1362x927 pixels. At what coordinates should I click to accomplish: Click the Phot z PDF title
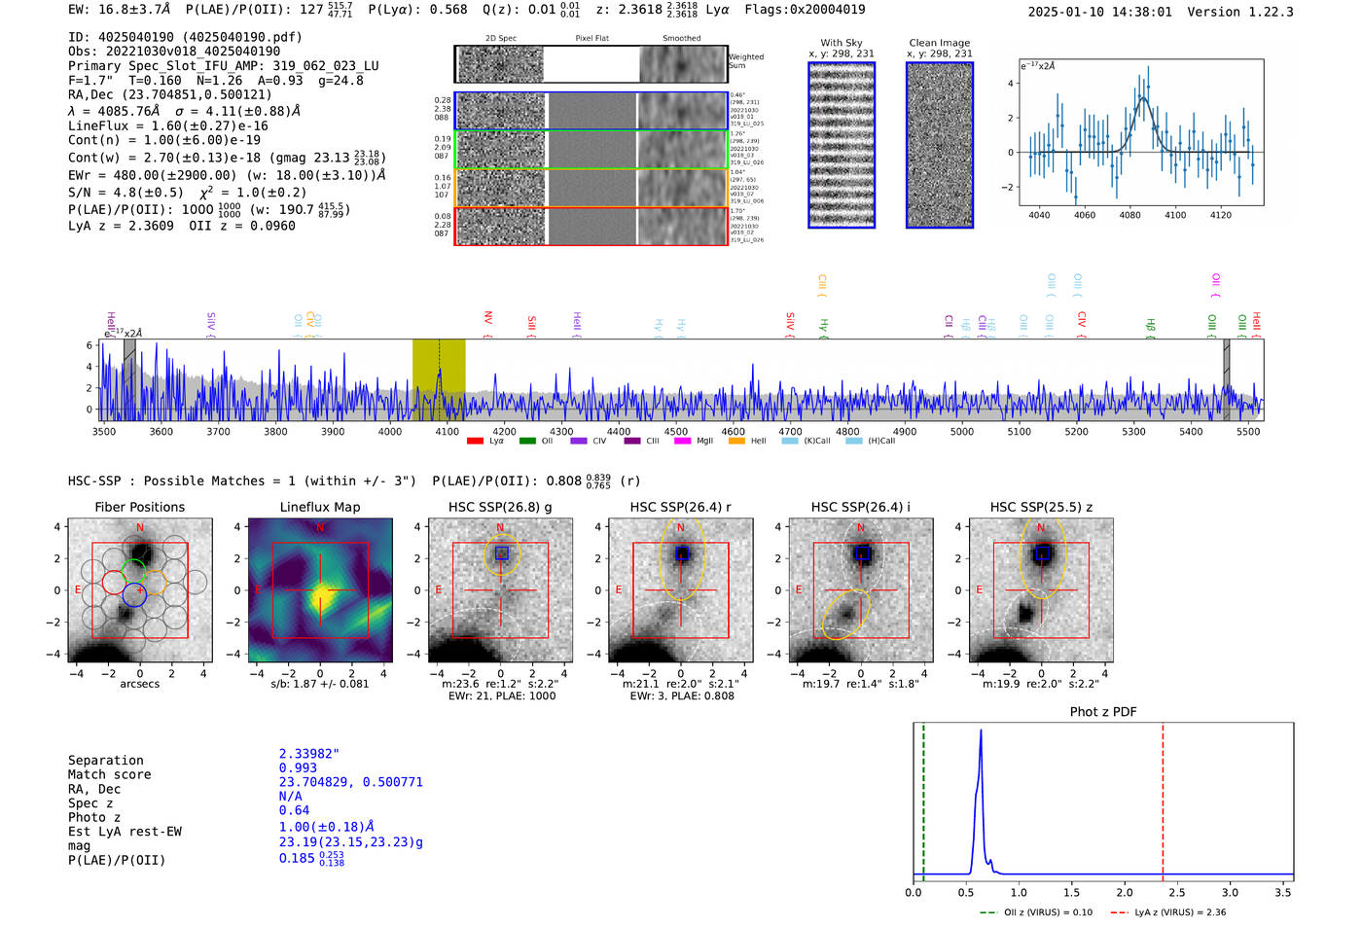1102,712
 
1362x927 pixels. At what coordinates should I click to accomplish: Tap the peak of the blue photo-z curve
981,731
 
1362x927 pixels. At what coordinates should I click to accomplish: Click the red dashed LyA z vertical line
1163,798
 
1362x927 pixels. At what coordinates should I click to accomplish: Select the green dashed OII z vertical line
923,798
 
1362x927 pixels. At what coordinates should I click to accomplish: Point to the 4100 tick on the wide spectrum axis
447,431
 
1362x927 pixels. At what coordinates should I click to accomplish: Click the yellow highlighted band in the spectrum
439,379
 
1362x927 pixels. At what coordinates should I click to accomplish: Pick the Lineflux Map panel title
320,507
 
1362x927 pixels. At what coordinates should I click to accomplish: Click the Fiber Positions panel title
139,507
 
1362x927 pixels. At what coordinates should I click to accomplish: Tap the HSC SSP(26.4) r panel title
680,507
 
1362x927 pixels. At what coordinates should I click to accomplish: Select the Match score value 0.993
298,768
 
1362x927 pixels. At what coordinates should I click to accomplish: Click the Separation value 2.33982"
308,754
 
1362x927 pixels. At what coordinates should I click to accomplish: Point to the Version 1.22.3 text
1254,12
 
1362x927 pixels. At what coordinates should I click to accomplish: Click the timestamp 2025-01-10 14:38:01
1099,12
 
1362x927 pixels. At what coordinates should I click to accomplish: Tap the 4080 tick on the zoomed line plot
1129,215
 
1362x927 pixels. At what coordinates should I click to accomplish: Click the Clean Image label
939,43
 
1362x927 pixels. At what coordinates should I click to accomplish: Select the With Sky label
841,43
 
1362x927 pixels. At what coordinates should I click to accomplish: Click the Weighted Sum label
745,61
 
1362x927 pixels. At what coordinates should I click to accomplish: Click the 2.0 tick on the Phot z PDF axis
1125,892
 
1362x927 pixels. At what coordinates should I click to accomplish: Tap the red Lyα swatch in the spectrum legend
475,441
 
